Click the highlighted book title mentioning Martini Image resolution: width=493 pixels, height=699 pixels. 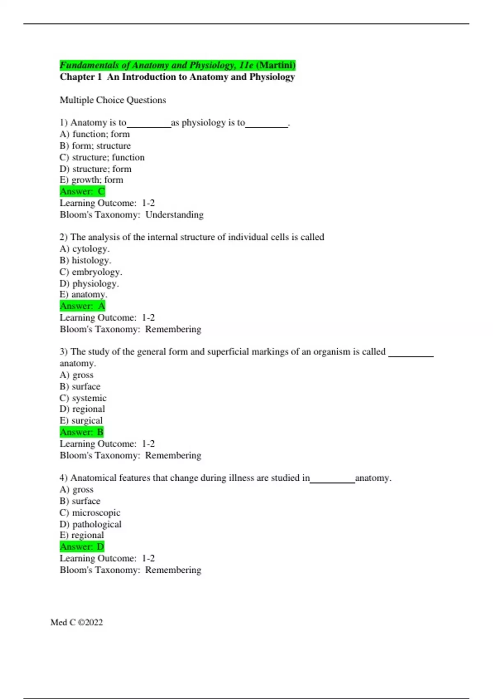tap(177, 65)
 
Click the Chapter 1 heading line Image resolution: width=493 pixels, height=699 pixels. tap(177, 77)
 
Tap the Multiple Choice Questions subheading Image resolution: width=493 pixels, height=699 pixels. tap(113, 100)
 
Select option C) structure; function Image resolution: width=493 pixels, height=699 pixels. tap(102, 157)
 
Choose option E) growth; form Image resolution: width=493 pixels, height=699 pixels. tap(92, 180)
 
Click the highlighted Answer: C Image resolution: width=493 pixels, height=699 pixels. tap(83, 192)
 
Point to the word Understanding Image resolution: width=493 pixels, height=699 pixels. tap(175, 215)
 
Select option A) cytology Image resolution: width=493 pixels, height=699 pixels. tap(85, 249)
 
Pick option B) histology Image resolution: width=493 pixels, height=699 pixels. tap(85, 260)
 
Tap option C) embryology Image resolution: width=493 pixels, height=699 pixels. tap(91, 272)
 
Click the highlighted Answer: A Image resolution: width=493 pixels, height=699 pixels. tap(83, 306)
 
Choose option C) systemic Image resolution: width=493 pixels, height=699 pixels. tap(83, 398)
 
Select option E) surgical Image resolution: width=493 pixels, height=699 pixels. tap(81, 421)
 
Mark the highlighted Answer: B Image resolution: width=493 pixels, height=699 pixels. tap(82, 432)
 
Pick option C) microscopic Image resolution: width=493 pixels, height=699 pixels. tap(90, 513)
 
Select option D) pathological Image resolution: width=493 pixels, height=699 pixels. tap(91, 524)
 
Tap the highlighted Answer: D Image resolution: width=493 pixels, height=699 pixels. tap(82, 547)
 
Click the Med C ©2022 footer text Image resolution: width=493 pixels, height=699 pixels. tap(77, 623)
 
